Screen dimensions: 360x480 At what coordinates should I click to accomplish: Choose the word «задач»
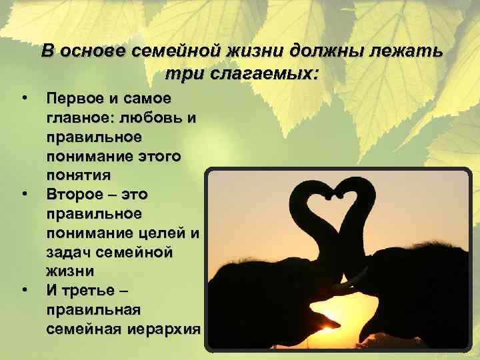click(x=69, y=252)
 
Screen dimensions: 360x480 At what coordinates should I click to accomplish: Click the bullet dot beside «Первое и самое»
click(x=25, y=99)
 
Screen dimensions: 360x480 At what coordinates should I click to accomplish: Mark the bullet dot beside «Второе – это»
click(x=25, y=195)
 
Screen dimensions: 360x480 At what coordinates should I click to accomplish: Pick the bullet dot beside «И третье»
click(x=25, y=291)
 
